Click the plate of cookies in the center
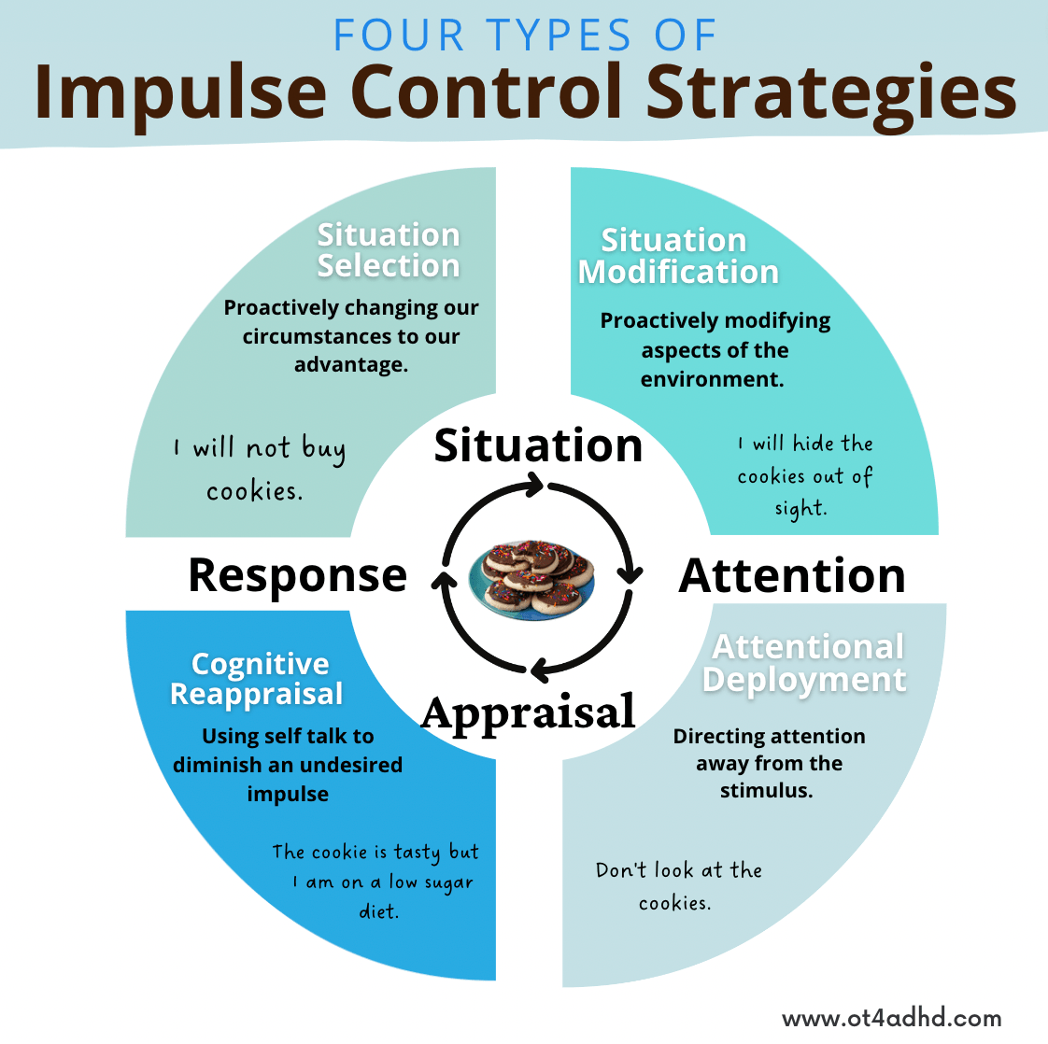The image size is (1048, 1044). tap(531, 577)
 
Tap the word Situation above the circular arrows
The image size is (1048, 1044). tap(538, 445)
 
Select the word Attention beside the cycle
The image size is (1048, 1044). tap(792, 575)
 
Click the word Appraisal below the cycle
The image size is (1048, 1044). tap(529, 713)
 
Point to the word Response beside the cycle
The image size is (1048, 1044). tap(297, 575)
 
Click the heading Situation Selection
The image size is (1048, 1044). tap(389, 250)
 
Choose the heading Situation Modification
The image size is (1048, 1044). tap(677, 256)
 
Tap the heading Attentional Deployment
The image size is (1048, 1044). tap(805, 663)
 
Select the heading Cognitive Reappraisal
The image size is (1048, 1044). tap(258, 679)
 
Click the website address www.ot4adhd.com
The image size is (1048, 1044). tap(891, 1018)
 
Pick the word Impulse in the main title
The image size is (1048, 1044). tap(180, 93)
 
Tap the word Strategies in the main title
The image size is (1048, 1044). tap(831, 93)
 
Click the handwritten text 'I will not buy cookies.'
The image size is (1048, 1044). tap(259, 469)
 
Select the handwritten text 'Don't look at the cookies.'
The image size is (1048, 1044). tap(678, 885)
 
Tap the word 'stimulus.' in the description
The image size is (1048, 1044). tap(766, 791)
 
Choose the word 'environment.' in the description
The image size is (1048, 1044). tap(712, 379)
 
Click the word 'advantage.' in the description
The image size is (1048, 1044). tap(351, 364)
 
